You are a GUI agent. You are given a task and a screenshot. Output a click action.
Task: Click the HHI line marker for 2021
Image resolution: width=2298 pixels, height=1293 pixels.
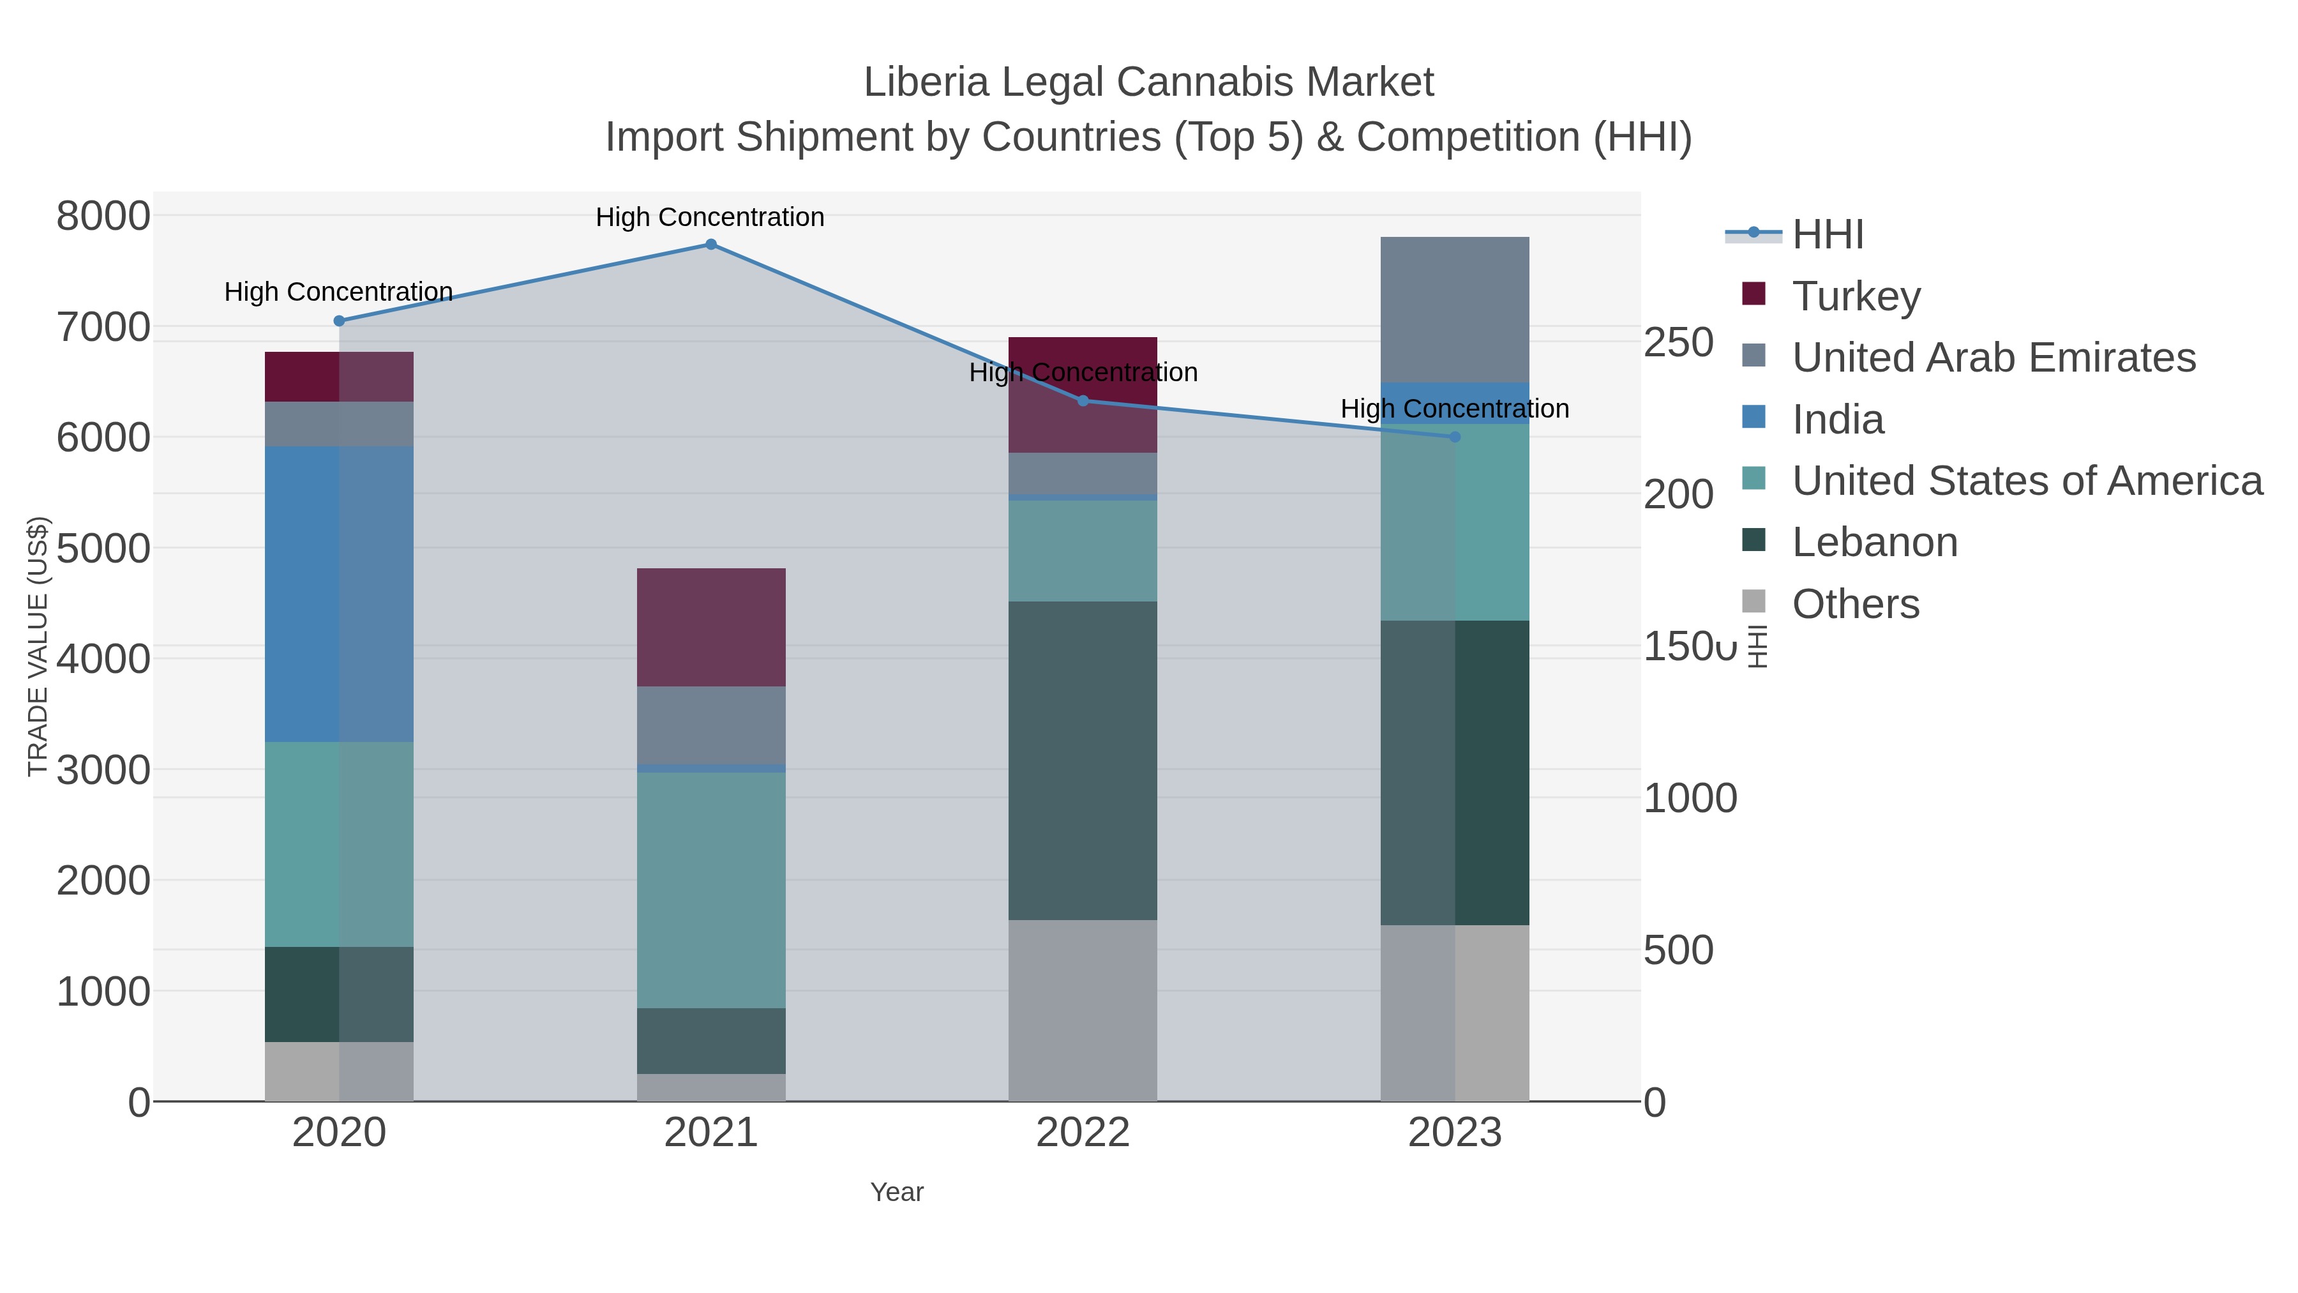coord(711,245)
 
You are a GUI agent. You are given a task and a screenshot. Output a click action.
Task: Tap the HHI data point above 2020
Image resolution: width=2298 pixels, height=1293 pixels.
coord(339,321)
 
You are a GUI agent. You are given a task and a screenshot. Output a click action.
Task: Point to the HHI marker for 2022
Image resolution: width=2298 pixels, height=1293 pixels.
coord(1083,400)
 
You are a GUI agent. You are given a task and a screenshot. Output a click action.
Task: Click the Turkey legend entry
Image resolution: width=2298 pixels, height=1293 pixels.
coord(1856,296)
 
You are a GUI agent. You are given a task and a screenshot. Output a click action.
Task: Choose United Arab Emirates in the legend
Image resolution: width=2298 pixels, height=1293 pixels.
coord(1993,357)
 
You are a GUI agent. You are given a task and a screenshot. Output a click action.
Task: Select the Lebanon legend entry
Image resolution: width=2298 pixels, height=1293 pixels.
coord(1874,543)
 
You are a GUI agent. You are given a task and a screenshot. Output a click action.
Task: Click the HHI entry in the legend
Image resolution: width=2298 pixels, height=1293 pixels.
coord(1827,235)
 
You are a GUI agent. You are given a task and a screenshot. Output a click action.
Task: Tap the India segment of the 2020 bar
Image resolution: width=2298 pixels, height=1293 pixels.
coord(339,594)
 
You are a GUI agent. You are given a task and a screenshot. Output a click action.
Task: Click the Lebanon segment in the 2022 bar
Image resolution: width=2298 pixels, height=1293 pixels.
coord(1083,760)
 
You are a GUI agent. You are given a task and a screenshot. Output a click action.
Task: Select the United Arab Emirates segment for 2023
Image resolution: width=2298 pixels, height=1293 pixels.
coord(1455,310)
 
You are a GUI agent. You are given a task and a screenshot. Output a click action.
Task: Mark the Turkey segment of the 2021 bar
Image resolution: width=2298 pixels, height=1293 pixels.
coord(711,627)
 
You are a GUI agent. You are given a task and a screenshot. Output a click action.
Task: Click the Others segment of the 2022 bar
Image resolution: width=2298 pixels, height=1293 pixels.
coord(1083,1010)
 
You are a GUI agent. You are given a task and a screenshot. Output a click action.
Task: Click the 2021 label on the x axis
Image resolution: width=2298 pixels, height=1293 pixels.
coord(711,1133)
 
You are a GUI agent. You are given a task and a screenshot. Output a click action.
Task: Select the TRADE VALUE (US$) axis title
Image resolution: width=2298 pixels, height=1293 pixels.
coord(38,646)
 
